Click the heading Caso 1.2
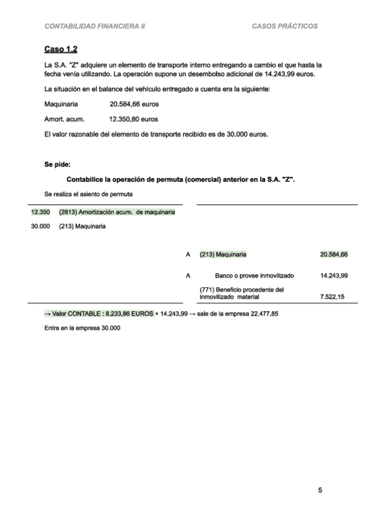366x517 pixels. point(60,48)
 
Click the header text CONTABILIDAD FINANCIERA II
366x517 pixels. point(95,27)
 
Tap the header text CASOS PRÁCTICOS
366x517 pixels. point(284,27)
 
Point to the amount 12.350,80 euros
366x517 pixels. point(133,119)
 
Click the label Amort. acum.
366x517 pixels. point(64,119)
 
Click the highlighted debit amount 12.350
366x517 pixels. point(40,212)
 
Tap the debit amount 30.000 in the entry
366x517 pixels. point(40,227)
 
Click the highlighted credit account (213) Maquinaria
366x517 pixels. point(223,254)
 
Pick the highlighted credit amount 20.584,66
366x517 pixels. point(334,254)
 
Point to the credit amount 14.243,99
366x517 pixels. point(334,276)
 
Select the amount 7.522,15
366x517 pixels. point(335,297)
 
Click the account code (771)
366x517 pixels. point(208,290)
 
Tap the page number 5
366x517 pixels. point(320,490)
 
